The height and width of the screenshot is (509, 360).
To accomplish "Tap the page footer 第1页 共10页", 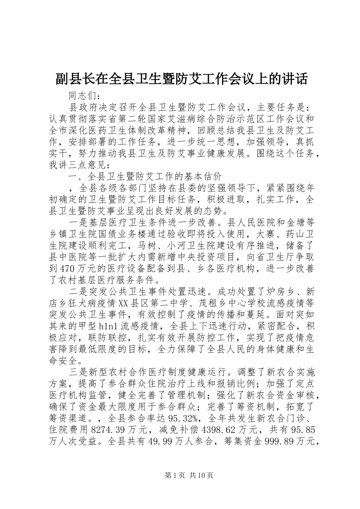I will [x=180, y=475].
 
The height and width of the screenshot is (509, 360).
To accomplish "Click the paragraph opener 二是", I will [x=78, y=292].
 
